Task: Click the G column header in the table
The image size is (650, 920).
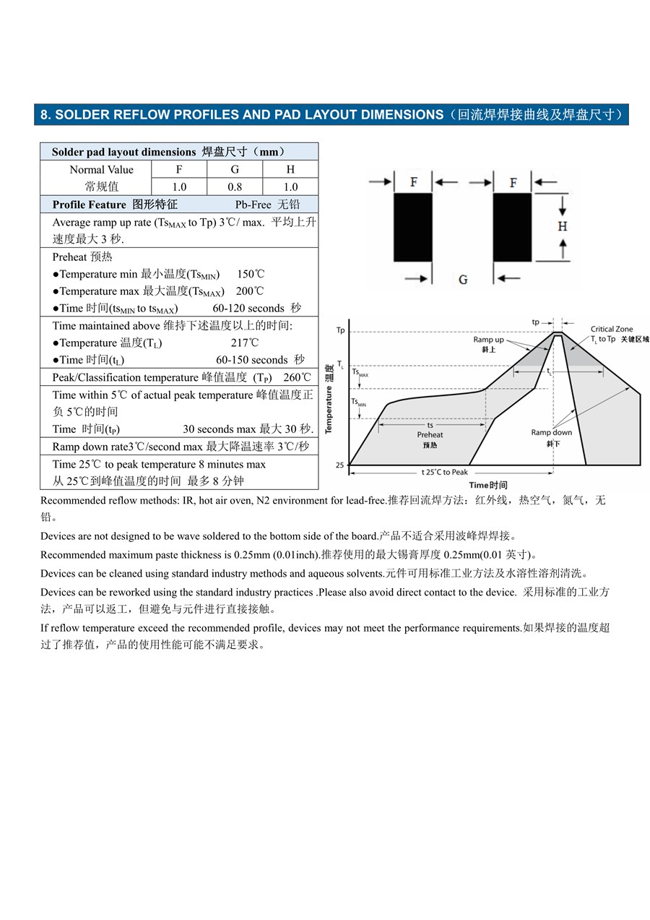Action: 235,169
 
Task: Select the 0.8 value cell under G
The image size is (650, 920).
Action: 235,186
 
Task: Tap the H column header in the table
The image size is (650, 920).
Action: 290,169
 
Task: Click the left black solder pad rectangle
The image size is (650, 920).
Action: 412,227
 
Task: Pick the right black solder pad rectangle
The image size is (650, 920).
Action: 512,227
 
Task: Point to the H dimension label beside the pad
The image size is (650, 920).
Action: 563,226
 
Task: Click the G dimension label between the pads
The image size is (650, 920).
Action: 463,280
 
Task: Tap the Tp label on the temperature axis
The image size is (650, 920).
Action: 341,330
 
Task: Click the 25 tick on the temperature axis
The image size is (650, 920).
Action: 340,465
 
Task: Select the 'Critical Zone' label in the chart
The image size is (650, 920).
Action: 611,330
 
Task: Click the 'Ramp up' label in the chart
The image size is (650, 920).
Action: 488,340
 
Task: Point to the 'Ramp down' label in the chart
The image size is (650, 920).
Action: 551,433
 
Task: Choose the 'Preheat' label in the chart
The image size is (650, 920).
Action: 430,434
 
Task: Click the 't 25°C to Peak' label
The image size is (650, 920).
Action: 445,472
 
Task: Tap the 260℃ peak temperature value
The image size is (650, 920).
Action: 297,377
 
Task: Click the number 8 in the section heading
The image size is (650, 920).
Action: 44,115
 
